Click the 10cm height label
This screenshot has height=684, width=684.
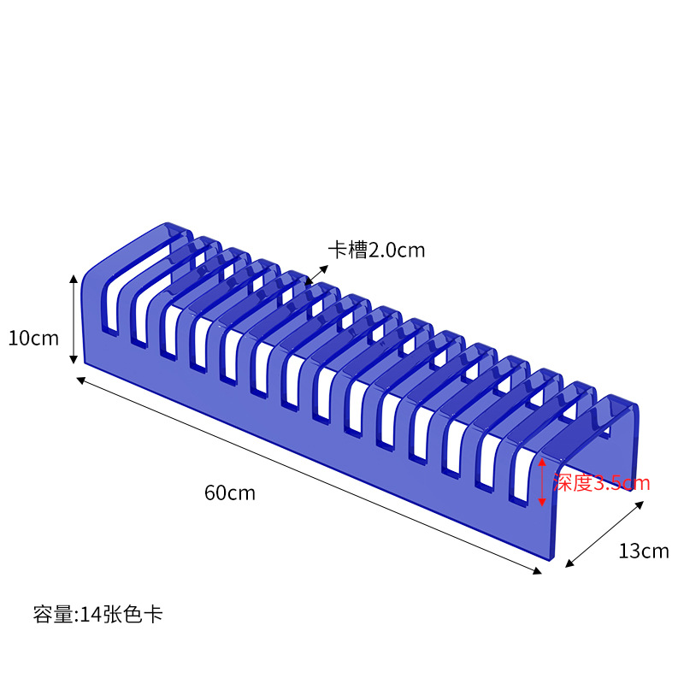pos(33,338)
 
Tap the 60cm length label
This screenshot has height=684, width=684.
pos(229,492)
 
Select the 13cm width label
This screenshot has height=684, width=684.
pos(643,551)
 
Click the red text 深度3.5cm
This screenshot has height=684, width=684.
pos(601,483)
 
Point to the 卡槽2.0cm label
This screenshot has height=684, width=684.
pos(376,250)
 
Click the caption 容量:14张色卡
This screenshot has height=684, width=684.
pos(97,614)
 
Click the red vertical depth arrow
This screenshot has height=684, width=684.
pos(541,481)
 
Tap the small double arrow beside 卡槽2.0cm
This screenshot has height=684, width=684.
pos(315,274)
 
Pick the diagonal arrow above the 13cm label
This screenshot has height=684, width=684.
pos(604,534)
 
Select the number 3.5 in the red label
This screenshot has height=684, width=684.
pos(609,483)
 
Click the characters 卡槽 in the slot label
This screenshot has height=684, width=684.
pos(348,250)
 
